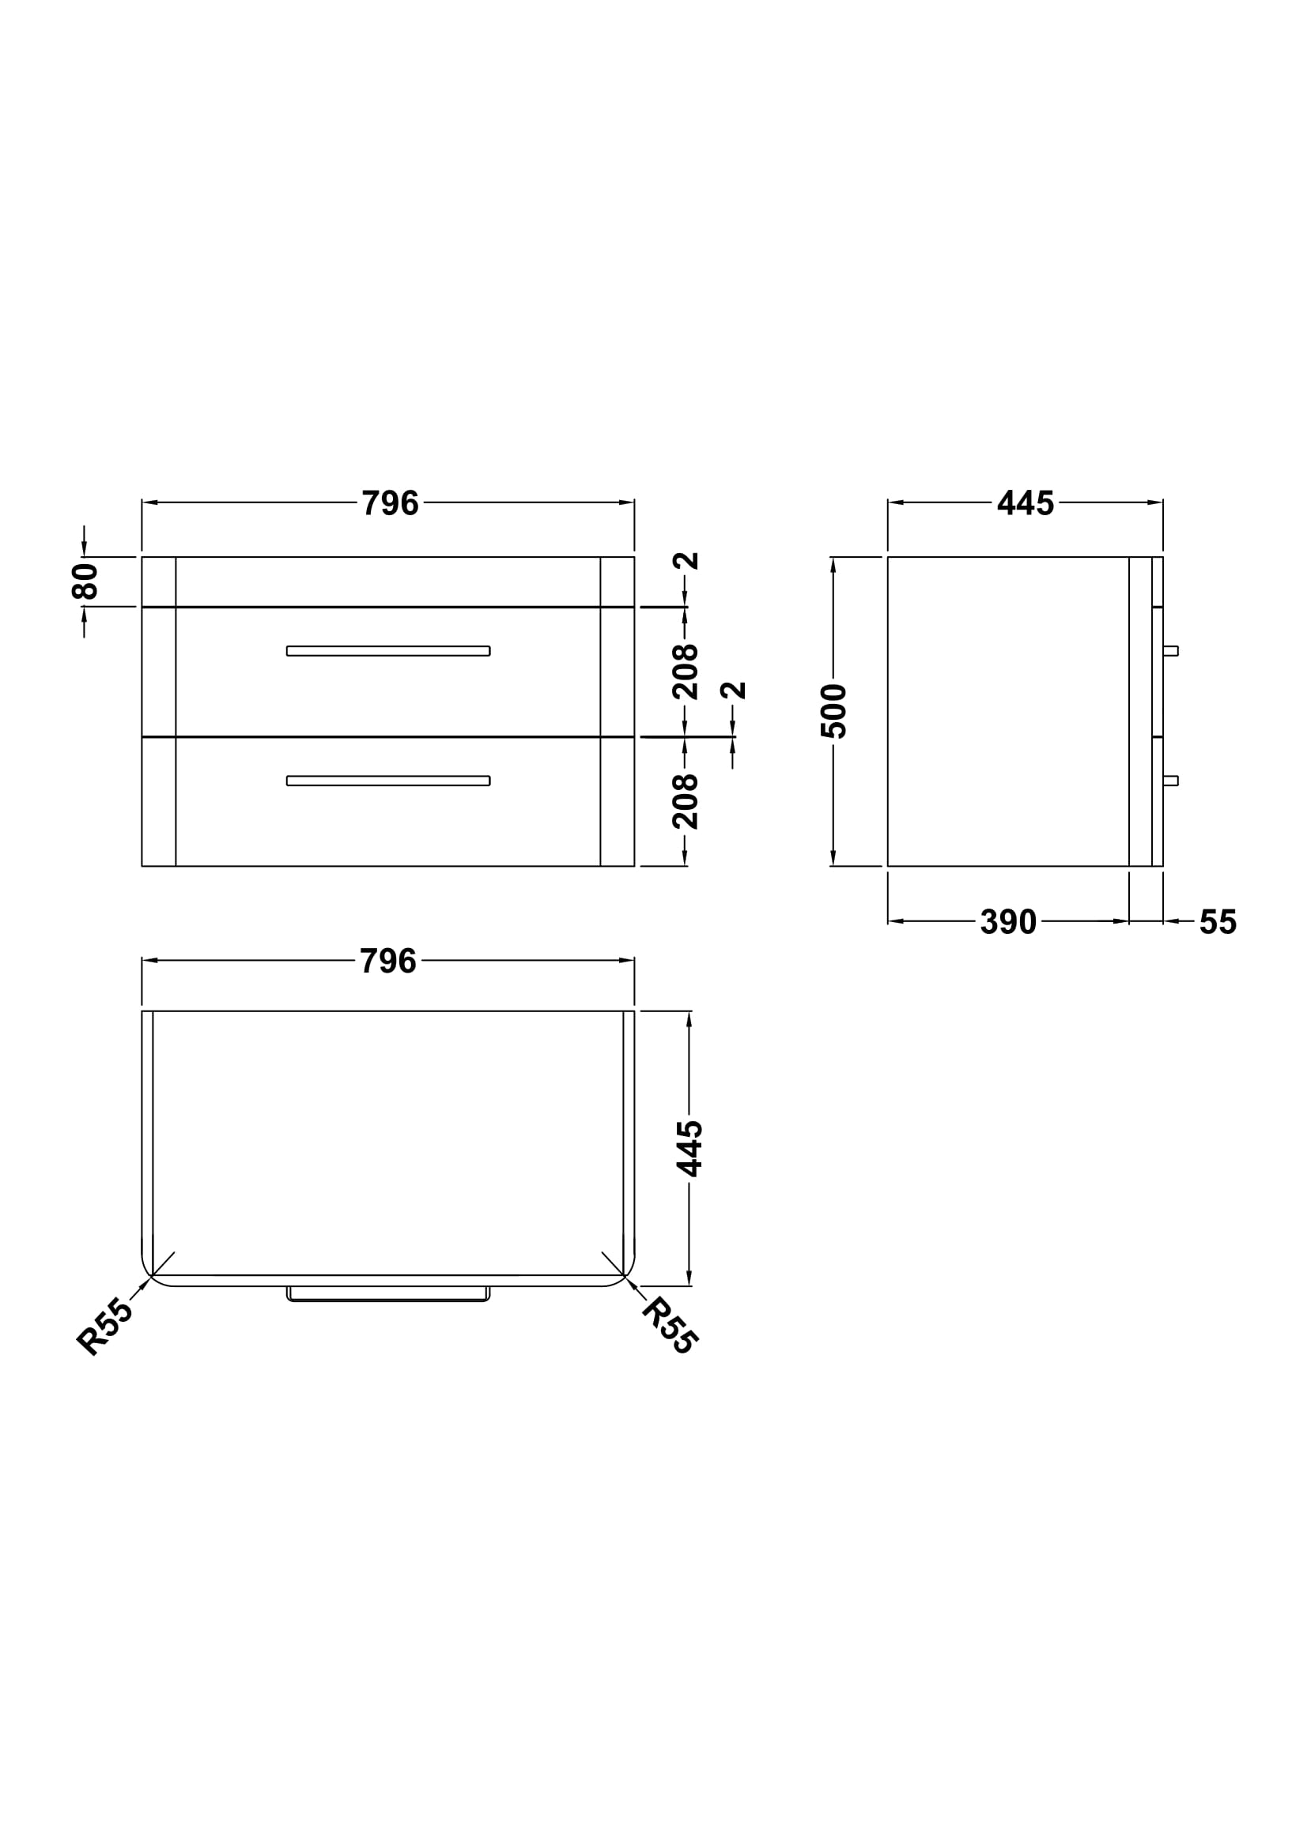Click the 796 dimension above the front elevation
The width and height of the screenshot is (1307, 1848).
click(x=390, y=504)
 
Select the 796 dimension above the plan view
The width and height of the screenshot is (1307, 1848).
click(x=388, y=961)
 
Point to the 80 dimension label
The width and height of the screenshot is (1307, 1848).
click(x=85, y=581)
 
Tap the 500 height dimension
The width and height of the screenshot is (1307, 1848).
click(x=834, y=711)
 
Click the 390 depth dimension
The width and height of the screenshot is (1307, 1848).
click(x=1008, y=922)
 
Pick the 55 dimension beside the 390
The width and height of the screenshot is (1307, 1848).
click(x=1218, y=922)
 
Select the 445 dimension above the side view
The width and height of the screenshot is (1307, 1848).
click(x=1026, y=504)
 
